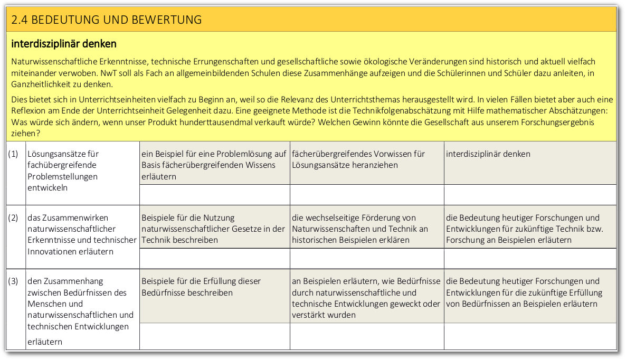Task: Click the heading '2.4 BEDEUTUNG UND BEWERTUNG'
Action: click(x=107, y=20)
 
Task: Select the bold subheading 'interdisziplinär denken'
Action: click(x=64, y=43)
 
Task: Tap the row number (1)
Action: click(x=14, y=154)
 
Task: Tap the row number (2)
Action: click(x=14, y=217)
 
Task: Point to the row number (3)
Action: click(x=14, y=281)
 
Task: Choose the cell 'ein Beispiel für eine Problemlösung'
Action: click(x=214, y=165)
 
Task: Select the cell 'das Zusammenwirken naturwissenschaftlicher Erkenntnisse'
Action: click(x=82, y=234)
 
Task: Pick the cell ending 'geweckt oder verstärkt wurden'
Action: click(x=366, y=298)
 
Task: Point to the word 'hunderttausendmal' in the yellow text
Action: click(x=224, y=122)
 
